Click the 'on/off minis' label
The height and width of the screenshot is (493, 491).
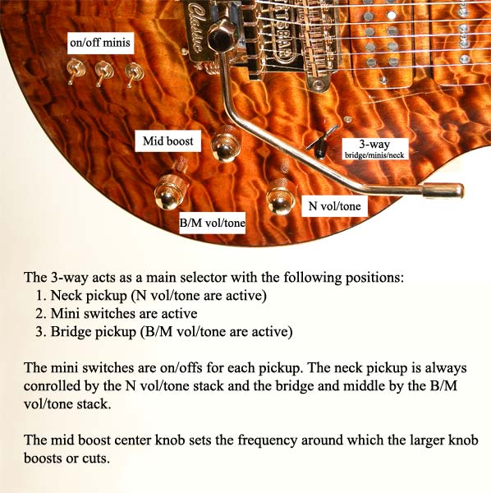tap(100, 43)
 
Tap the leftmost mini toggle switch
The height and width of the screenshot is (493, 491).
tap(75, 71)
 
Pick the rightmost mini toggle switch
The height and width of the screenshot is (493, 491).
tap(133, 75)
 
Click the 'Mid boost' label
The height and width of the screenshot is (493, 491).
tap(168, 141)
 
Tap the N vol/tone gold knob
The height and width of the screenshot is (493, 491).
tap(282, 196)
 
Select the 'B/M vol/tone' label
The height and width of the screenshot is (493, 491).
tap(212, 223)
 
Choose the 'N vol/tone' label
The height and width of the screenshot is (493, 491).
tap(334, 206)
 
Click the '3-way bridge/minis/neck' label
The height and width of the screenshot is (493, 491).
tap(374, 149)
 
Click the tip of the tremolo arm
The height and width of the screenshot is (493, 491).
tap(461, 191)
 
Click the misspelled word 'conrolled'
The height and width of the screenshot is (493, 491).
tap(53, 386)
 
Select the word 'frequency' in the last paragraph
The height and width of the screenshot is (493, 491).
tap(267, 440)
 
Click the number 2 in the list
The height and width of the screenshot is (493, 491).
tap(39, 314)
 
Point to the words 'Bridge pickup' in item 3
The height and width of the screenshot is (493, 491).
tap(94, 332)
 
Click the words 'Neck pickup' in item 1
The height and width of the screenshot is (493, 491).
tap(89, 296)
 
